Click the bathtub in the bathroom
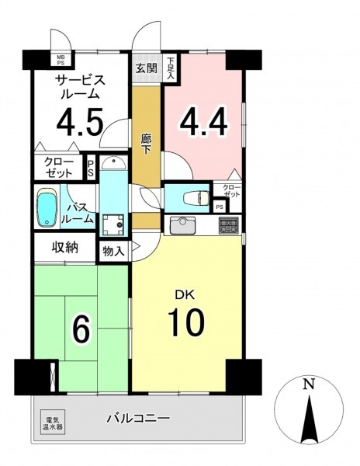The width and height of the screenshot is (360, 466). (47, 207)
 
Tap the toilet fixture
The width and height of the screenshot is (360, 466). (196, 198)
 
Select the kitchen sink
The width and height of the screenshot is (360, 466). (182, 225)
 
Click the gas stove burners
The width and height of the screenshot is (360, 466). (229, 225)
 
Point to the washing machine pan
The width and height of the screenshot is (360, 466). (113, 224)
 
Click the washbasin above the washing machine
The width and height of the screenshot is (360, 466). (113, 162)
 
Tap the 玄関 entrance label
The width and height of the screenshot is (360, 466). (147, 68)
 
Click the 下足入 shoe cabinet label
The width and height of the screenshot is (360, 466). (170, 68)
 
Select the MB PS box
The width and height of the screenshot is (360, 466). (60, 60)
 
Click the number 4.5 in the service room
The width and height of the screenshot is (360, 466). (80, 122)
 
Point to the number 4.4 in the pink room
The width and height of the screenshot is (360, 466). (203, 122)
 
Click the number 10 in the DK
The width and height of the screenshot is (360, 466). (186, 322)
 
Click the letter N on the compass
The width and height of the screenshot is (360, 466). (309, 384)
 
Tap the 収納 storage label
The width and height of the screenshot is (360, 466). (65, 247)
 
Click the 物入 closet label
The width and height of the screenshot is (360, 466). (113, 252)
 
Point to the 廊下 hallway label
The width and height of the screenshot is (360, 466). (146, 144)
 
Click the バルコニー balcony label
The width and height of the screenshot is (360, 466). (138, 419)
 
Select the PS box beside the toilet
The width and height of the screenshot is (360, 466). (220, 207)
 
